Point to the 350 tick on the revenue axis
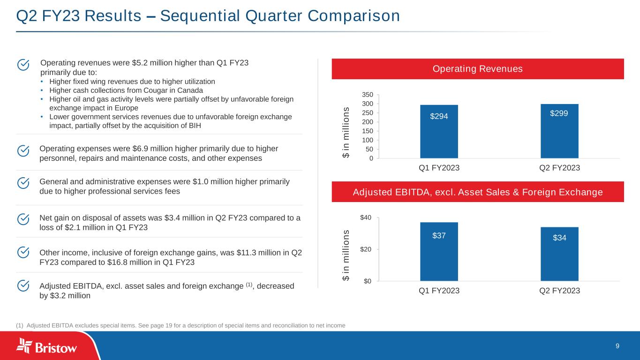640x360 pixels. [367, 95]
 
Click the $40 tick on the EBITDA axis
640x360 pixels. [366, 217]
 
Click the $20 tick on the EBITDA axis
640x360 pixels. [366, 249]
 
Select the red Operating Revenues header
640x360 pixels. [477, 69]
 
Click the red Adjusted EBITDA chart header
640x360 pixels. [477, 192]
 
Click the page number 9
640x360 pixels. [617, 346]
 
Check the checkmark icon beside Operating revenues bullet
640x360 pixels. [23, 64]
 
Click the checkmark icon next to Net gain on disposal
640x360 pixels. [23, 219]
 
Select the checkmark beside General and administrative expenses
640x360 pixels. [23, 182]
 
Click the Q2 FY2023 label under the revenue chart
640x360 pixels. [559, 168]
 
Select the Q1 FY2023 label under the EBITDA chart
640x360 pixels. [439, 291]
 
